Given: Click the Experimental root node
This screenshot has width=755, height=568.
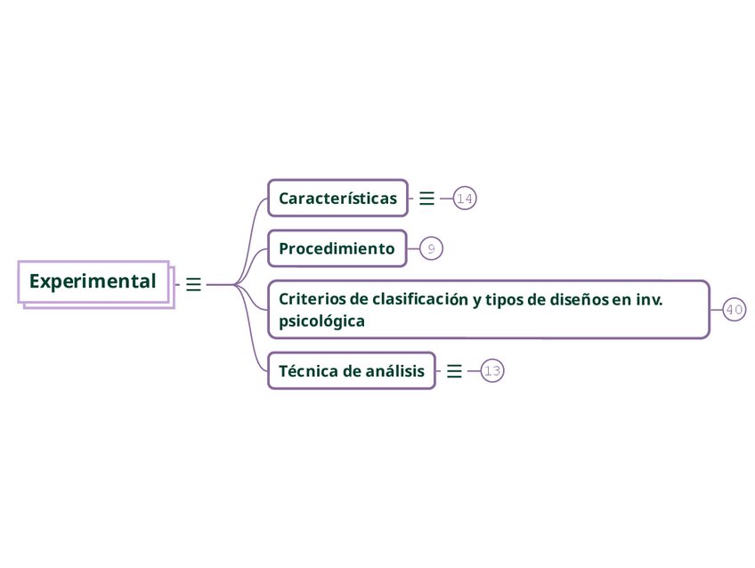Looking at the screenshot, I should pyautogui.click(x=93, y=281).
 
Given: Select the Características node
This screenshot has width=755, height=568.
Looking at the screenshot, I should pyautogui.click(x=337, y=198).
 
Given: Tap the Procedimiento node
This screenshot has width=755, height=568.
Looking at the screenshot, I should pyautogui.click(x=337, y=248).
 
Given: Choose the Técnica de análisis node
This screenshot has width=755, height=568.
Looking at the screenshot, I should pyautogui.click(x=351, y=370).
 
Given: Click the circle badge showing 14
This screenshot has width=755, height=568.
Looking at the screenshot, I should pyautogui.click(x=465, y=199).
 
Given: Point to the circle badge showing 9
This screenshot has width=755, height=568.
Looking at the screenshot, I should pyautogui.click(x=431, y=249).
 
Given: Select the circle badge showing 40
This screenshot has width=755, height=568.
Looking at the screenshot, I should pyautogui.click(x=735, y=310).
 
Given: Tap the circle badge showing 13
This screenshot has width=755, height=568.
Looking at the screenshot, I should pyautogui.click(x=492, y=371).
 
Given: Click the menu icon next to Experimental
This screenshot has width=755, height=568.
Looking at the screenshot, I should pyautogui.click(x=193, y=285).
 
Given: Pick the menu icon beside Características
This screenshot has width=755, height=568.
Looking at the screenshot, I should pyautogui.click(x=426, y=199).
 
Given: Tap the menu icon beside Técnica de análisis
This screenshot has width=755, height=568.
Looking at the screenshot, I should pyautogui.click(x=454, y=371).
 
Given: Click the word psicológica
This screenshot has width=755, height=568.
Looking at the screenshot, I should pyautogui.click(x=321, y=321).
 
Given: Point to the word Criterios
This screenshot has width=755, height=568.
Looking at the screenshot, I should pyautogui.click(x=310, y=299).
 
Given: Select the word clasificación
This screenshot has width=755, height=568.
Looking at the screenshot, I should pyautogui.click(x=419, y=299).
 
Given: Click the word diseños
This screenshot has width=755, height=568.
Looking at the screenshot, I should pyautogui.click(x=580, y=299).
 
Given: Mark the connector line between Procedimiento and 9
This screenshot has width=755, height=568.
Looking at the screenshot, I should pyautogui.click(x=413, y=249).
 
